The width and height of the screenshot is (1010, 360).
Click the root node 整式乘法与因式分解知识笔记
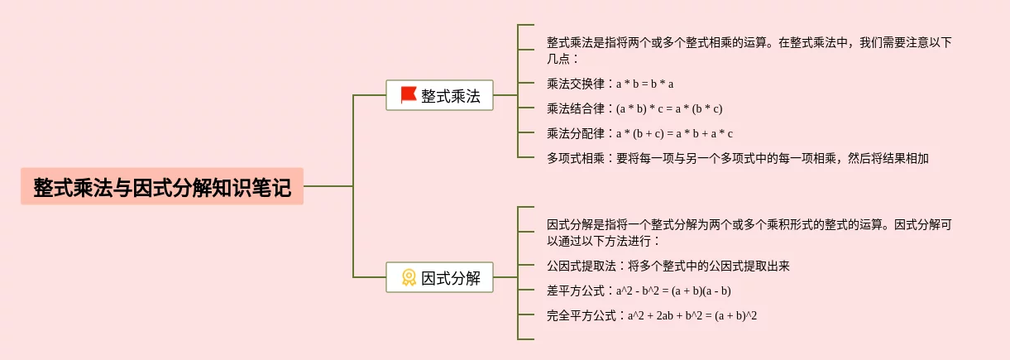click(162, 187)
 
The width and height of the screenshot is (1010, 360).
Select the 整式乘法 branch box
click(439, 95)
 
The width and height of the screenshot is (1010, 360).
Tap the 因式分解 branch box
click(439, 277)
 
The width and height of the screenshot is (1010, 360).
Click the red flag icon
click(408, 95)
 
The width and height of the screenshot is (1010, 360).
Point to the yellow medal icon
click(408, 277)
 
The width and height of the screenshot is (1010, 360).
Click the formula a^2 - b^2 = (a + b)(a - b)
click(673, 290)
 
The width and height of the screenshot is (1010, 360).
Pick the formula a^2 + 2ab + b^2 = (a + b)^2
click(692, 315)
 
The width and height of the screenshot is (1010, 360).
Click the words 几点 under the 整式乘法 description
click(558, 59)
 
